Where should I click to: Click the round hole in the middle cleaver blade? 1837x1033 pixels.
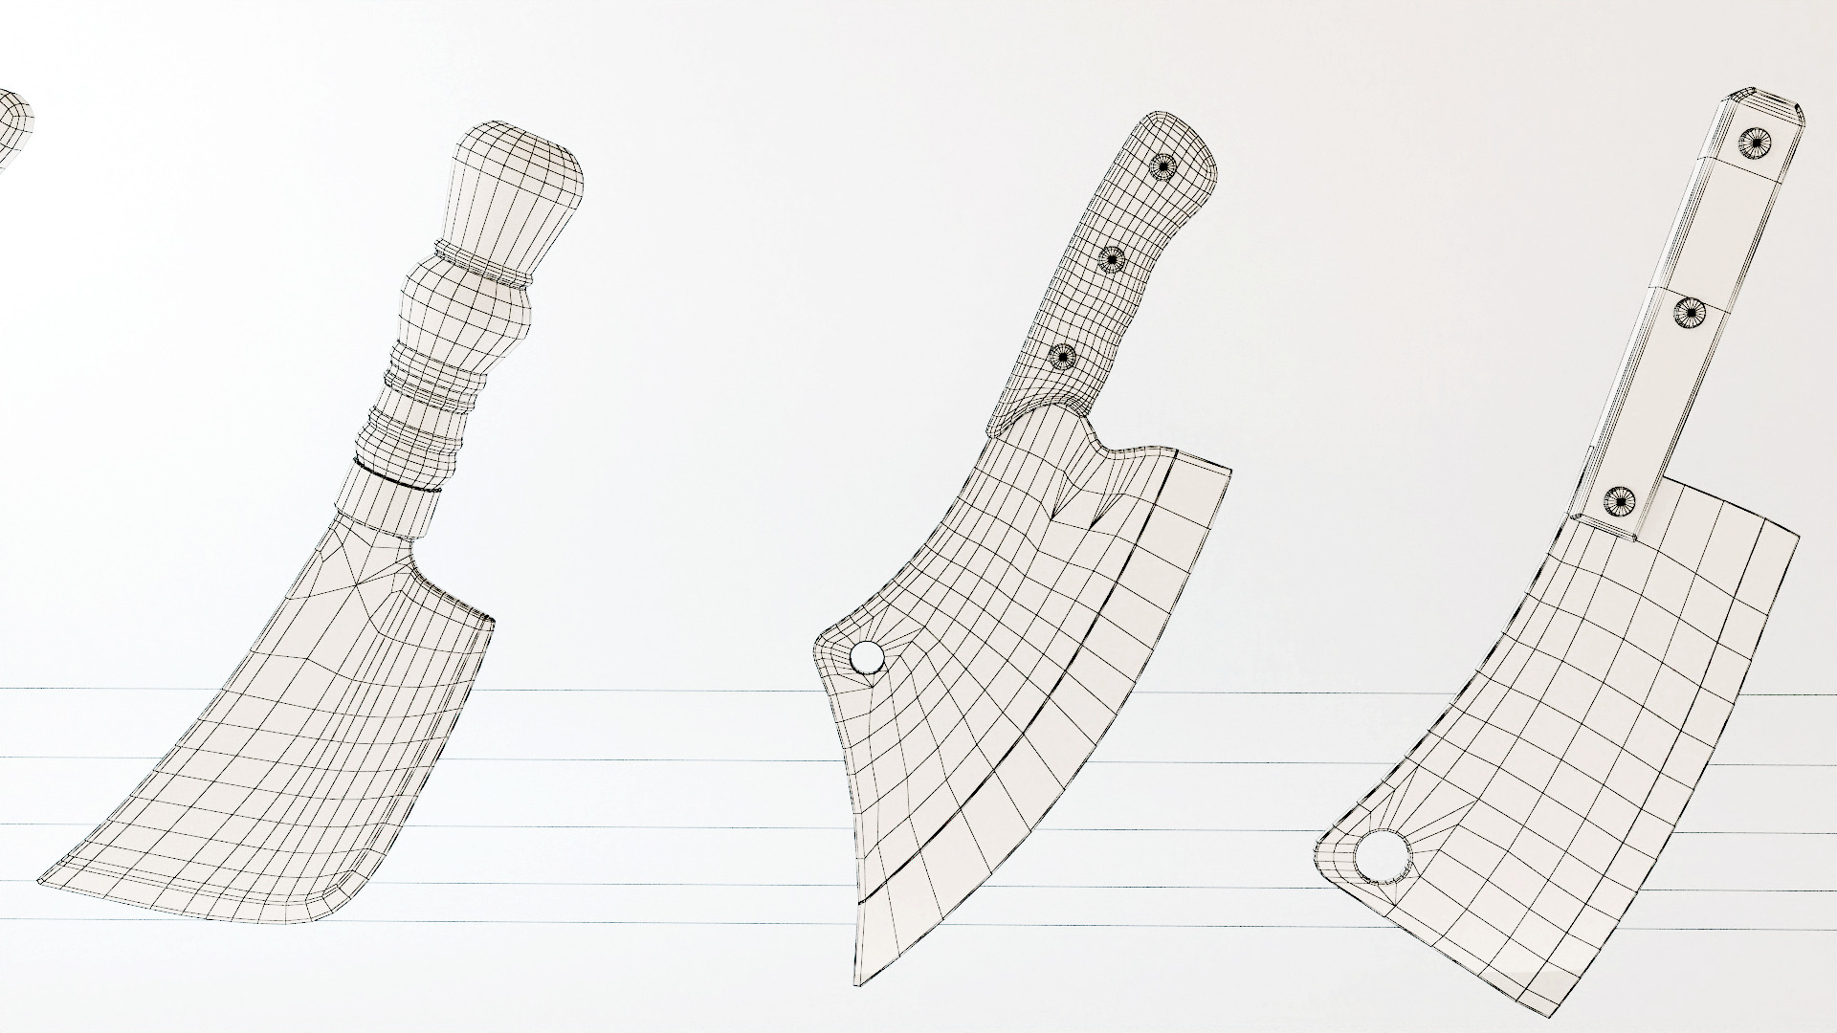(867, 658)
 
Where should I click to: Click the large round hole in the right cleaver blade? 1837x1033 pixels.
(1382, 857)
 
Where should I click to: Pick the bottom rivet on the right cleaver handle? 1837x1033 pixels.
(1618, 499)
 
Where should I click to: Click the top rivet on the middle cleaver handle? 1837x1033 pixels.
(1161, 165)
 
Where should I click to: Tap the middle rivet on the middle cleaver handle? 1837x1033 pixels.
(1112, 258)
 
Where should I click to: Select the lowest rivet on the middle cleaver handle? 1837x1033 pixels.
(1062, 357)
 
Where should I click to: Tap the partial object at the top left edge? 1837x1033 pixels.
(14, 124)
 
